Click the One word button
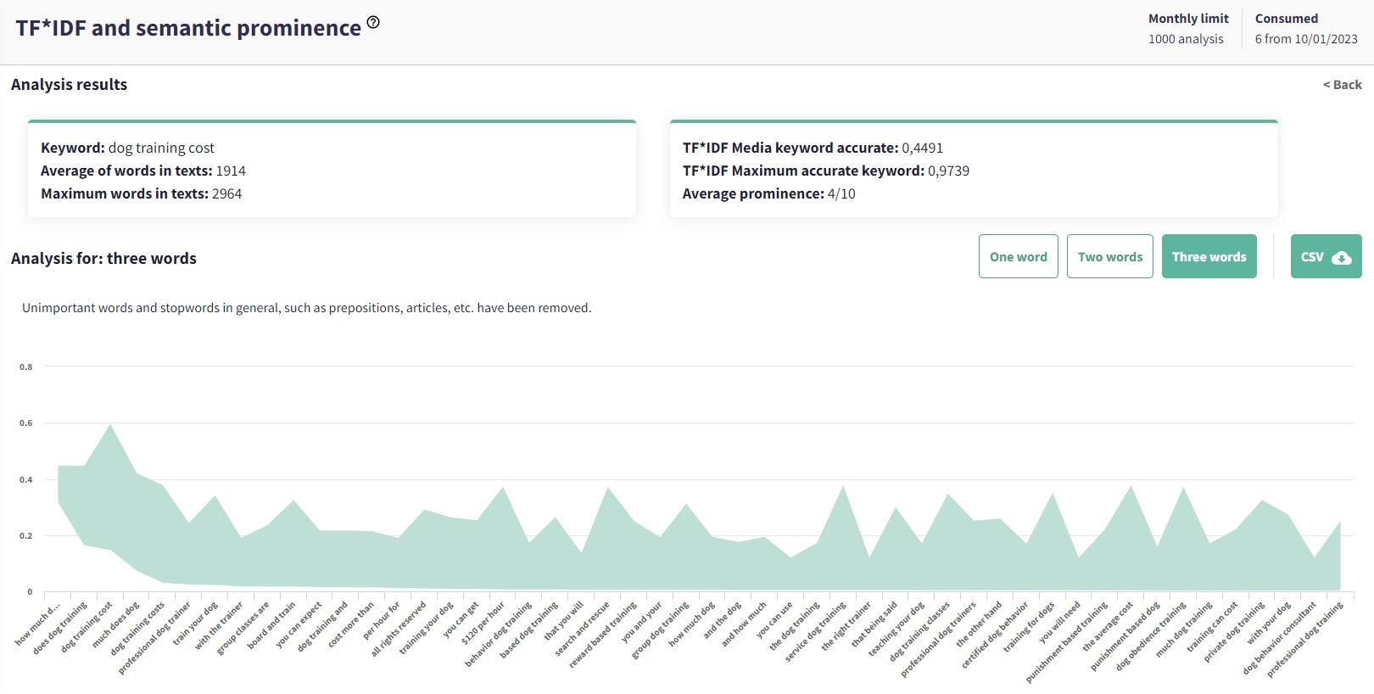[1018, 256]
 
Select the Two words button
[1109, 256]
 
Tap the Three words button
[1209, 256]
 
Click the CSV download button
[1326, 256]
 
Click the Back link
[1342, 85]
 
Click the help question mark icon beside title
[373, 23]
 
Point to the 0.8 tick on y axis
[26, 367]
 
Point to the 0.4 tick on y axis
[26, 480]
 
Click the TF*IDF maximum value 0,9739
[948, 171]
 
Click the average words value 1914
[231, 171]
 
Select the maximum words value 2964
[226, 193]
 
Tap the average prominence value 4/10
[841, 193]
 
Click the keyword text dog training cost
[161, 148]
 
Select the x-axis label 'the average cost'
[1108, 628]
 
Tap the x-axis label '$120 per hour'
[483, 624]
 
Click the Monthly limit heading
[1188, 19]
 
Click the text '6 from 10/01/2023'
[1306, 39]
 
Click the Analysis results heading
[69, 85]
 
